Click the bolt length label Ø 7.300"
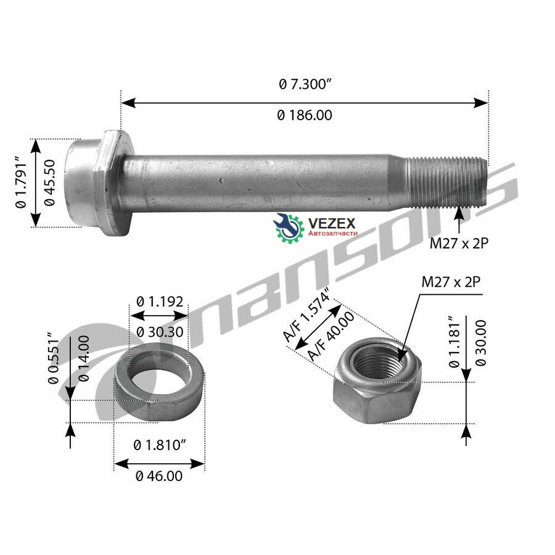pos(305,85)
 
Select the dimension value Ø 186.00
pos(305,115)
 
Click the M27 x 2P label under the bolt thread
pos(459,244)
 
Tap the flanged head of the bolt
pos(99,183)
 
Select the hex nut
pos(377,382)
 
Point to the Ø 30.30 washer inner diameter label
pos(160,331)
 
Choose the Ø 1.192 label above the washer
pos(160,302)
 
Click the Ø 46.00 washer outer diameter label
pos(158,476)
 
